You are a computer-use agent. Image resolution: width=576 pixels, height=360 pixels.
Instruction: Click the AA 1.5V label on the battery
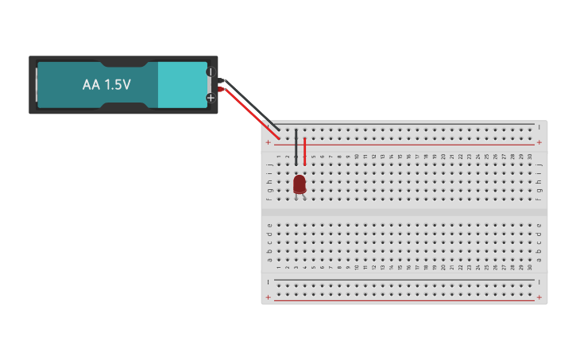(106, 84)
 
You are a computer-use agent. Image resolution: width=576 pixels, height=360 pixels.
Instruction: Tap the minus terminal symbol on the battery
(211, 72)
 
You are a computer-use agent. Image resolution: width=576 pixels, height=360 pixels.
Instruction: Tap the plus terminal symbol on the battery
(211, 98)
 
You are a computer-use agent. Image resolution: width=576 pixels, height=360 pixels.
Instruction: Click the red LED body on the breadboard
(300, 184)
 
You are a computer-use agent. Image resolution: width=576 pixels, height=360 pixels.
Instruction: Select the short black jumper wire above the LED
(296, 147)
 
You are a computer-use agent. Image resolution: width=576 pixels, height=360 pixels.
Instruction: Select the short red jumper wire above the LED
(304, 151)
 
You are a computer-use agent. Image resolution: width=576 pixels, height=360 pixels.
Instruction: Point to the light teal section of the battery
(182, 84)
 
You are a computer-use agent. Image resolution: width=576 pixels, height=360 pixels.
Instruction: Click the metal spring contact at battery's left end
(36, 84)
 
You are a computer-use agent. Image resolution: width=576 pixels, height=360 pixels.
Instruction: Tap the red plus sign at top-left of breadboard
(269, 143)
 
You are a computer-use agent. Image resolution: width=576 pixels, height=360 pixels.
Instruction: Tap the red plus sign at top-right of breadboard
(539, 143)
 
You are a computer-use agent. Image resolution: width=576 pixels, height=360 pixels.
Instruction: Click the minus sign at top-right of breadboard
(539, 126)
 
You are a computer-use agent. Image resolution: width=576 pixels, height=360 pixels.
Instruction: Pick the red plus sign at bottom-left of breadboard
(269, 298)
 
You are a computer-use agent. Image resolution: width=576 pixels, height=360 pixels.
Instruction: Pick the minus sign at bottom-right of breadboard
(539, 281)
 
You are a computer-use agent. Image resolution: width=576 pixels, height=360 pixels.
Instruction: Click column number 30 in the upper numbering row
(530, 157)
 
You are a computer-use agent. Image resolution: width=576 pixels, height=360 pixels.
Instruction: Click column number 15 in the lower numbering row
(400, 268)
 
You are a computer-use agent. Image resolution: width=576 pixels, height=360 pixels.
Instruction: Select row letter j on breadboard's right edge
(539, 165)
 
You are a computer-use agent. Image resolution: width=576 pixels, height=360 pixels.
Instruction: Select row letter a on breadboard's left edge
(269, 259)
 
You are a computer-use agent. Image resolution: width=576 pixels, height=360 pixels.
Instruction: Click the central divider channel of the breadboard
(404, 212)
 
